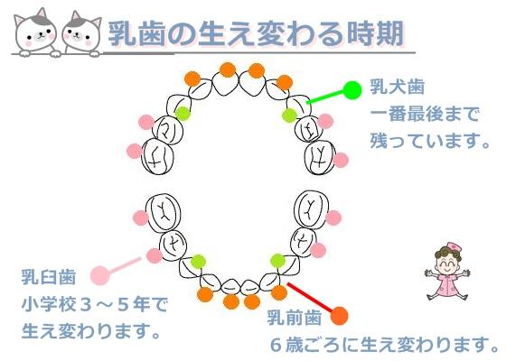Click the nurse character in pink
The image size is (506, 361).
[447, 272]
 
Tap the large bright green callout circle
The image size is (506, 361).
[352, 90]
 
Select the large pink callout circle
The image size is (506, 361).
[99, 275]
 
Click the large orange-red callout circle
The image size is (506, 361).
[340, 316]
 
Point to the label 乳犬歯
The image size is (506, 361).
[398, 87]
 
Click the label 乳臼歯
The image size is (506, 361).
[49, 277]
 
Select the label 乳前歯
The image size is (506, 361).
[295, 318]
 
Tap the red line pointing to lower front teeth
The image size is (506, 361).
[309, 298]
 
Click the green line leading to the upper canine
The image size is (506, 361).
[325, 97]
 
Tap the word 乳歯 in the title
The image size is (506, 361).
[137, 33]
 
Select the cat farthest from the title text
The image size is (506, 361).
[35, 32]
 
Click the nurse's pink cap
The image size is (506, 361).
[454, 245]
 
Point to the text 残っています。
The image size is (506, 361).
[430, 141]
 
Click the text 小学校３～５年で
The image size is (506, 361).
[95, 304]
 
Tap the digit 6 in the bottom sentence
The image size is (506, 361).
[276, 345]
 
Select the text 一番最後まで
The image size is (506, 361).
[425, 114]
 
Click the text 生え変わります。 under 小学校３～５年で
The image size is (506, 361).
[90, 331]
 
